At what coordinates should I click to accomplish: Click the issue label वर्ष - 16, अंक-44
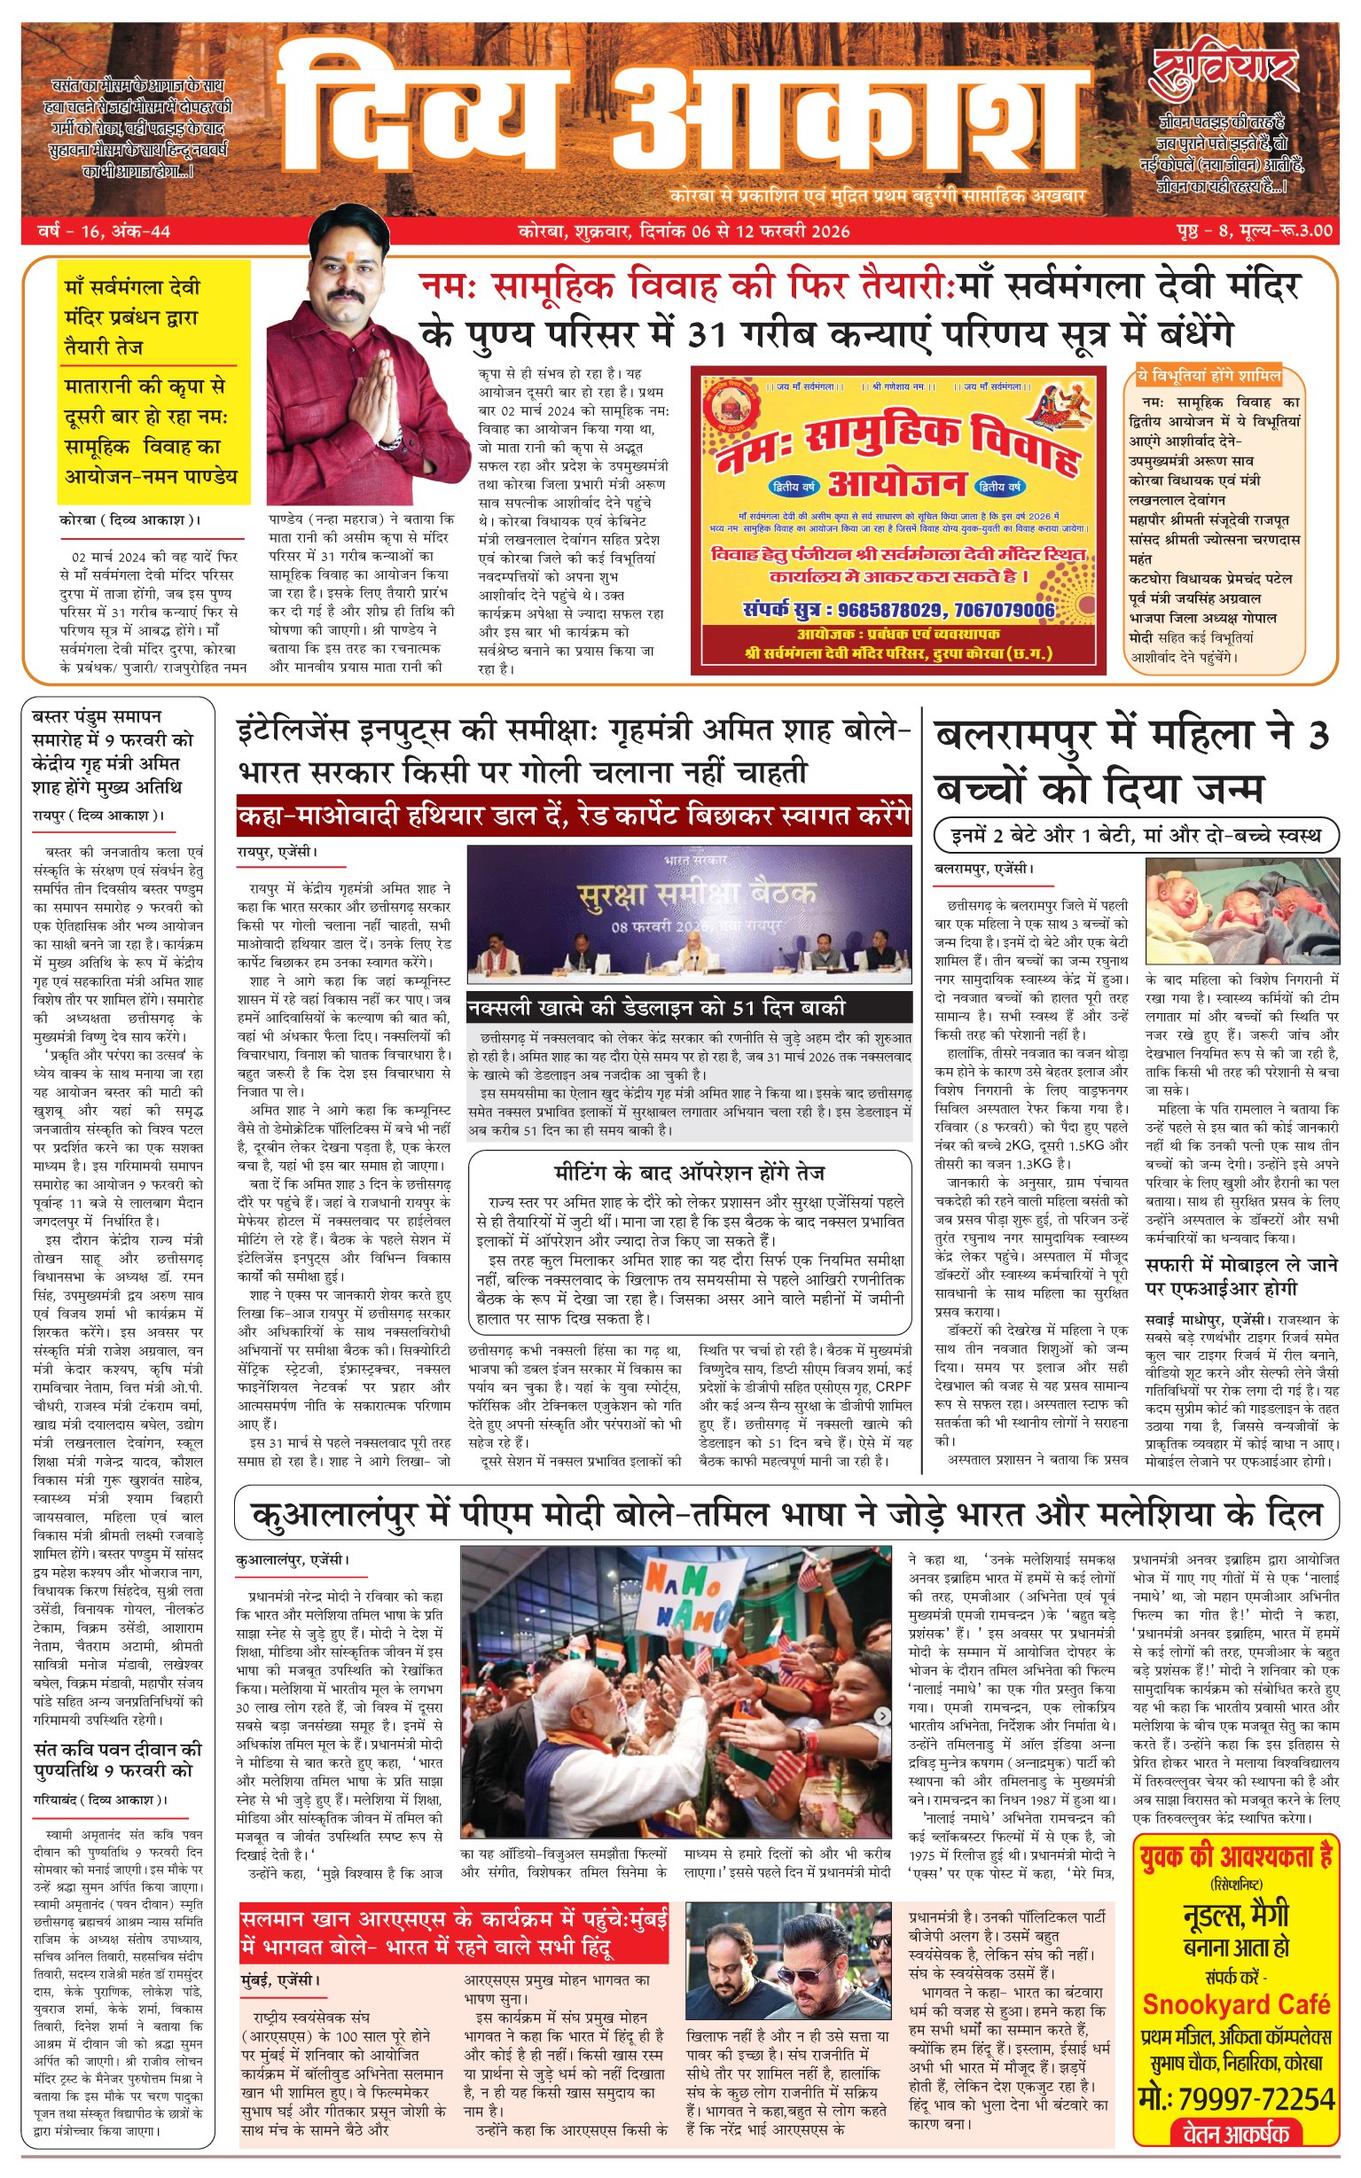point(104,231)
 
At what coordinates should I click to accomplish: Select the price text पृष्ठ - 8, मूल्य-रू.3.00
point(1253,231)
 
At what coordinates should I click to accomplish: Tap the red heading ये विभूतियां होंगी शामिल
point(1207,375)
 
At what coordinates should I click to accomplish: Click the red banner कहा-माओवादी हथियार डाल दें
point(574,816)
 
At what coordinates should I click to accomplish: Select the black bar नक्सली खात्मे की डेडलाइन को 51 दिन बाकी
point(657,1008)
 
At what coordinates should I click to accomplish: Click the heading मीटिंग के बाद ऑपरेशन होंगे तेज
point(689,1173)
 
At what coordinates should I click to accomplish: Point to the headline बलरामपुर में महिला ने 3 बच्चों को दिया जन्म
point(1131,762)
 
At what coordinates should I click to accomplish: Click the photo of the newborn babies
point(1241,910)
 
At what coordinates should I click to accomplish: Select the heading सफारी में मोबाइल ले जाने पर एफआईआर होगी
point(1241,1276)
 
